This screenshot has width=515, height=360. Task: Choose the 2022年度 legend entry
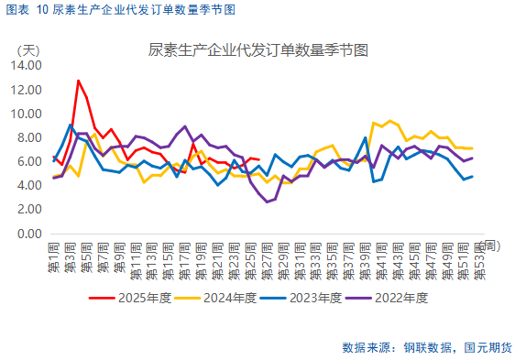coord(404,297)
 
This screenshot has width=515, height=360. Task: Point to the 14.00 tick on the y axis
coord(26,66)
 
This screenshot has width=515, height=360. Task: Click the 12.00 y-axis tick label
coord(26,90)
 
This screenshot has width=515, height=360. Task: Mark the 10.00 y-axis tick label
coord(26,114)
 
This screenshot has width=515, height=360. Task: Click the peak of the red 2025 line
coord(78,81)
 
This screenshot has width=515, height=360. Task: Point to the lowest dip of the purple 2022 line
coord(267,202)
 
